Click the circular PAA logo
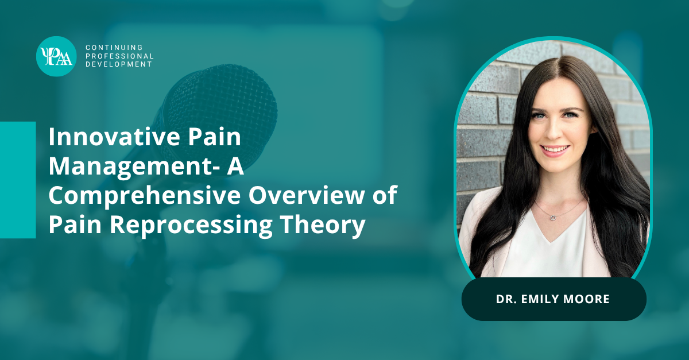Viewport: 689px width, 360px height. [56, 56]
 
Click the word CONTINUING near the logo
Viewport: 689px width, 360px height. [114, 48]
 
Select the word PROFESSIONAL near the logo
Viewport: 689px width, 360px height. [119, 56]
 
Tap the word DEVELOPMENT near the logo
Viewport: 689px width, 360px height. [119, 64]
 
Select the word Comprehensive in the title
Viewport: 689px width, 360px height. [145, 196]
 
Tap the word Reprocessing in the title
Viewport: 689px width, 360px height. [191, 225]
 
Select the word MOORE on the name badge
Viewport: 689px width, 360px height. [586, 299]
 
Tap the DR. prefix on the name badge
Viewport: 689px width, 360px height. [506, 299]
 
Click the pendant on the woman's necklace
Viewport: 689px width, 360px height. [552, 218]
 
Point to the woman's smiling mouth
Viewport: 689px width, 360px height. [556, 150]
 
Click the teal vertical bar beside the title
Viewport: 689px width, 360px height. [18, 180]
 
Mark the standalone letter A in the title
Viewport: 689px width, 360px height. [235, 167]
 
